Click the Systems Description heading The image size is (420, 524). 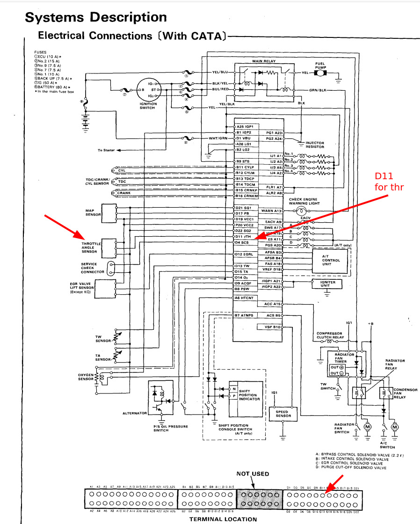click(95, 17)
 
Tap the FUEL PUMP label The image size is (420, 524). click(320, 65)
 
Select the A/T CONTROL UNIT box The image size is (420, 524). click(331, 260)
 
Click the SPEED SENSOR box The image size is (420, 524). click(283, 414)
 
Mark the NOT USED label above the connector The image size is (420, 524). click(252, 473)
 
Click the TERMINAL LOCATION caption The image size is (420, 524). click(223, 519)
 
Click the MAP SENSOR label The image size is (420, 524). click(93, 212)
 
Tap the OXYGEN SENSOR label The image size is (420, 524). click(86, 377)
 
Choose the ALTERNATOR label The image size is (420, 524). click(135, 413)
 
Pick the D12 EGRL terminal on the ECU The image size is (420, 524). click(245, 254)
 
